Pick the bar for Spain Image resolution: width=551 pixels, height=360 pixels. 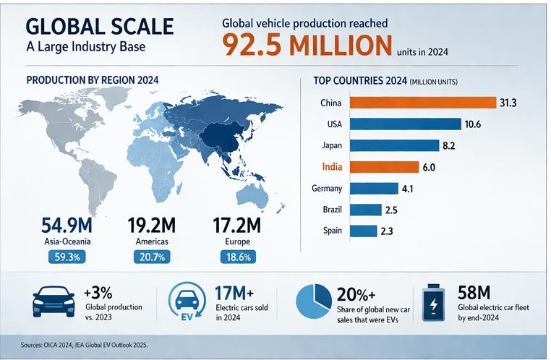click(x=364, y=231)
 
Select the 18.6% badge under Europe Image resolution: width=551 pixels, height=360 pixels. click(x=238, y=256)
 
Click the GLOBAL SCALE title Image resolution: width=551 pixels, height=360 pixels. click(x=100, y=27)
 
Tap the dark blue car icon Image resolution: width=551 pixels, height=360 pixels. click(x=54, y=299)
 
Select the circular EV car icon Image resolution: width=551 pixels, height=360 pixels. click(x=187, y=302)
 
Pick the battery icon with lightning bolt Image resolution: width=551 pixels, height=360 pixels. click(x=432, y=301)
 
